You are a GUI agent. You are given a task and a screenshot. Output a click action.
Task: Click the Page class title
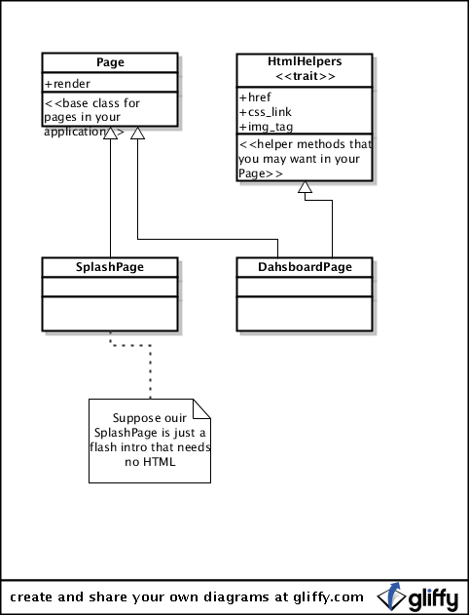point(110,62)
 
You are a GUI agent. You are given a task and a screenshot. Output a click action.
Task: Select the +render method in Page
point(67,84)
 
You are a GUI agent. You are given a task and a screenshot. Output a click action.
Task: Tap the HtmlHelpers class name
point(305,61)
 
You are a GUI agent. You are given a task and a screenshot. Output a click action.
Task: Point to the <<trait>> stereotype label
point(305,76)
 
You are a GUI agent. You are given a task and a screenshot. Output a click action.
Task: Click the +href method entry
point(255,97)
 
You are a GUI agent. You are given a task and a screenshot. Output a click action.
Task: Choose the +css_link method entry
point(266,112)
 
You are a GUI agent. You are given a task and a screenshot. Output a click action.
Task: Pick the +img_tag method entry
point(267,127)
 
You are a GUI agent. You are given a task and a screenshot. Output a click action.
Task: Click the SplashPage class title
point(110,267)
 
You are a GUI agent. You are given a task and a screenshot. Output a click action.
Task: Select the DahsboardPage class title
point(305,267)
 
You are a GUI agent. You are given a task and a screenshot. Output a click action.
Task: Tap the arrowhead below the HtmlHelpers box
point(305,187)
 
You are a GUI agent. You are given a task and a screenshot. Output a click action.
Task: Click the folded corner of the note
point(202,408)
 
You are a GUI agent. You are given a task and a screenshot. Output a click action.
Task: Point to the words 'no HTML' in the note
point(150,462)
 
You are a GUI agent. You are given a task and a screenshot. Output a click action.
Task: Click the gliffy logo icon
point(390,597)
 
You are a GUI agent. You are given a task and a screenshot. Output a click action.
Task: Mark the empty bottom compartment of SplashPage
point(110,314)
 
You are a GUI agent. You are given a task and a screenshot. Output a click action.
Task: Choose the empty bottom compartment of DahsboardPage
point(305,314)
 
